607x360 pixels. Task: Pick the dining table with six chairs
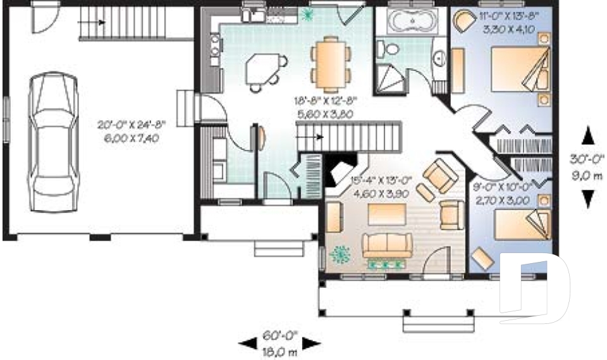coord(331,63)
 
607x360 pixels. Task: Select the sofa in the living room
coord(386,244)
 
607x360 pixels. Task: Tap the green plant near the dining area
coord(309,14)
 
